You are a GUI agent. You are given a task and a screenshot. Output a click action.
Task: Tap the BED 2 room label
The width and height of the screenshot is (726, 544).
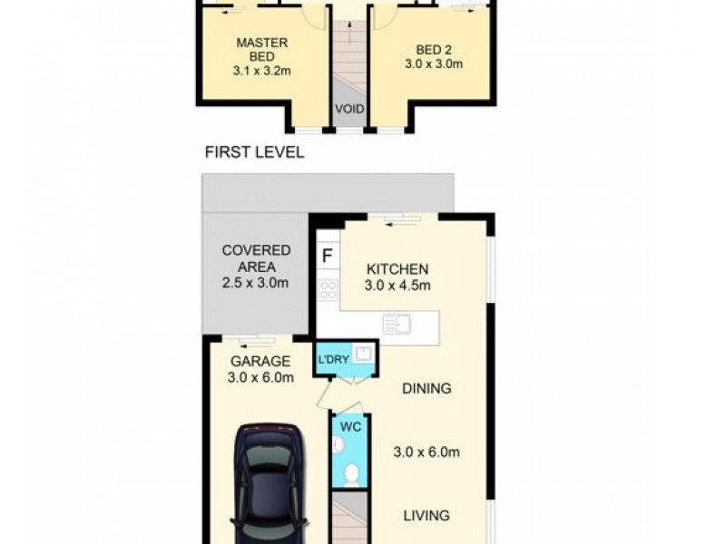coord(433,49)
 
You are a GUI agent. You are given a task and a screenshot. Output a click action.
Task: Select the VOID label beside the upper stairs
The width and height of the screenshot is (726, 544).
coord(349,110)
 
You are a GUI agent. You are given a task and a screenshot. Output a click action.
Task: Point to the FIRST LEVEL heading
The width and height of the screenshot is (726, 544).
coord(254,152)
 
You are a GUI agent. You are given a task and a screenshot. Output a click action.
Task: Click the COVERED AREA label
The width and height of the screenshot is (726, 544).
coord(256,258)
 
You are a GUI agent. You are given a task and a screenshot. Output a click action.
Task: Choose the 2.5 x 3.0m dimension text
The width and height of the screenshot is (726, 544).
coord(256,283)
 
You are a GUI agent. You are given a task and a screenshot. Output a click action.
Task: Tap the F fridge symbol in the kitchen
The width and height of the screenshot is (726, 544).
coord(326,255)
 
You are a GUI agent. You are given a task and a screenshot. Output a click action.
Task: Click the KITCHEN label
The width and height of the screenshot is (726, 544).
coord(397,269)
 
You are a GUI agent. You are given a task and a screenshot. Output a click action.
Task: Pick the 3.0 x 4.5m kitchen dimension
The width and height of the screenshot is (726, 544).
coord(397,286)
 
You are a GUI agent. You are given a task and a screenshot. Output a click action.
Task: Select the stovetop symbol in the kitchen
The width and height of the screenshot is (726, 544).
coord(328,290)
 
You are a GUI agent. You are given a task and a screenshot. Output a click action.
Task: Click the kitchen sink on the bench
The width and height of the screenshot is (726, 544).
coord(396,324)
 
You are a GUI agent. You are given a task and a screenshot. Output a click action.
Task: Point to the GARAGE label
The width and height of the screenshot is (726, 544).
coord(260,361)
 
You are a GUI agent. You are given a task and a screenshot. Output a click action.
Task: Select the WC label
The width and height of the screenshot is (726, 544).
coord(349,424)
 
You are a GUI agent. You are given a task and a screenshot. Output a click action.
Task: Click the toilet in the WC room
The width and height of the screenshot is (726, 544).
coord(351,471)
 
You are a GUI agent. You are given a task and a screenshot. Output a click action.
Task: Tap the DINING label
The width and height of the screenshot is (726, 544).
coord(427,389)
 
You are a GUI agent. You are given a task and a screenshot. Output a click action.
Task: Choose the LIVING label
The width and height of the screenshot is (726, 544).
coord(427,516)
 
